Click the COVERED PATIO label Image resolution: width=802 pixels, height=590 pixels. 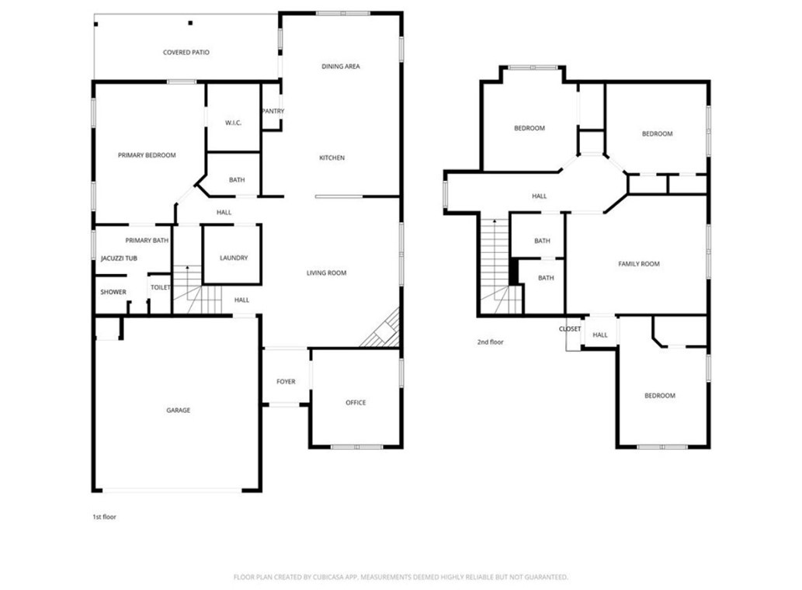point(186,53)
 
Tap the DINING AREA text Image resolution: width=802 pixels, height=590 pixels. point(341,67)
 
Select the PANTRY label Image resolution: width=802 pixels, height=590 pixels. point(273,111)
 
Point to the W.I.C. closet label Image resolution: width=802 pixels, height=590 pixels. point(234,123)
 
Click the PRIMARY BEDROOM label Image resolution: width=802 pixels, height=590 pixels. point(147,155)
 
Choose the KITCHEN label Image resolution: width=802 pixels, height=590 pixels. point(332,158)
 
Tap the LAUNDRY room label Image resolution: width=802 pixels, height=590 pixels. point(234,258)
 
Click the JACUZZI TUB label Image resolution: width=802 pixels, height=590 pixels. point(120,258)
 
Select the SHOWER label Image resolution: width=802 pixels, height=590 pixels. point(113,292)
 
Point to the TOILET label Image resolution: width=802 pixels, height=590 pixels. point(160,287)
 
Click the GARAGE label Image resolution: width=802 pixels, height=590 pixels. point(179,410)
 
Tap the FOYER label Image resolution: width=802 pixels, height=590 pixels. point(286,382)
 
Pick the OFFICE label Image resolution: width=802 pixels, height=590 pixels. point(356,402)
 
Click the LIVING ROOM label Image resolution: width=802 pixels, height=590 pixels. point(326,272)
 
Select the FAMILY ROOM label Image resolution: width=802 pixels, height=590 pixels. point(639,264)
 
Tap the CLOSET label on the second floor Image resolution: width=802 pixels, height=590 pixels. point(570,329)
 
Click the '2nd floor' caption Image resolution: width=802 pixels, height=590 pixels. point(491,342)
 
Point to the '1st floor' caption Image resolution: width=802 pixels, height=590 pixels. point(104,516)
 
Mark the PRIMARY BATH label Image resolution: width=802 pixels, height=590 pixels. point(147,241)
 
